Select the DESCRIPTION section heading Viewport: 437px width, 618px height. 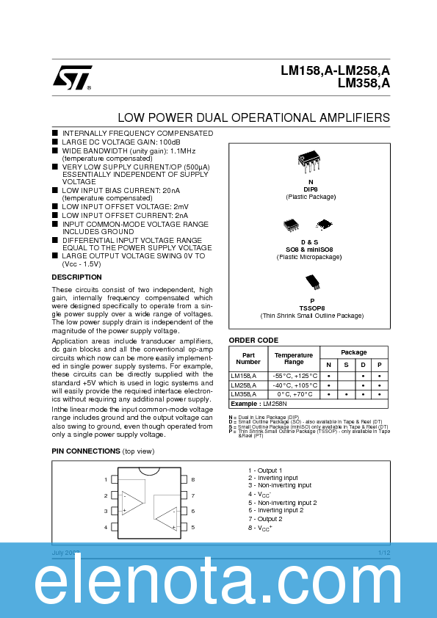coord(76,277)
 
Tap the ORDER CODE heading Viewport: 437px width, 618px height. coord(253,340)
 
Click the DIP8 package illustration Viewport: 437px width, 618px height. coord(310,162)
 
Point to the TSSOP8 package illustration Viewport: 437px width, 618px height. coord(312,283)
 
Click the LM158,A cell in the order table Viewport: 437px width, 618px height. coord(245,375)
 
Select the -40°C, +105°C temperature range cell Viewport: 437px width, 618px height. coord(293,385)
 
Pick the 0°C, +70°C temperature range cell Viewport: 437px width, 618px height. coord(294,394)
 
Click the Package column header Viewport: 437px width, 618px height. coord(353,352)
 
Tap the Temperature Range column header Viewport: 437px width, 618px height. coord(293,358)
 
